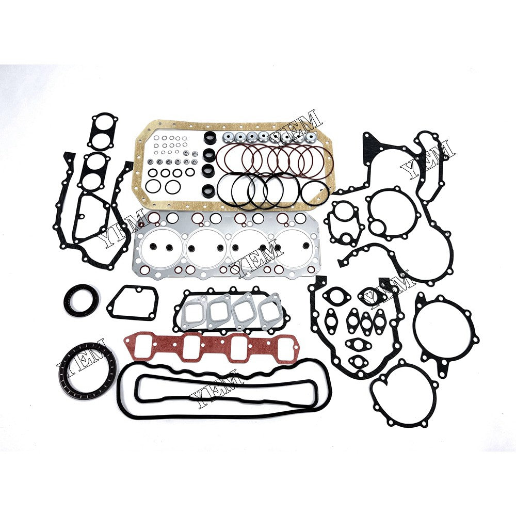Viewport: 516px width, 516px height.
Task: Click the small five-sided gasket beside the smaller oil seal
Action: coord(132,303)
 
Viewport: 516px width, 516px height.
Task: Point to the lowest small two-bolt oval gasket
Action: coord(358,361)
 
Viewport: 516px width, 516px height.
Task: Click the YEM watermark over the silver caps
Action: coord(299,126)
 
